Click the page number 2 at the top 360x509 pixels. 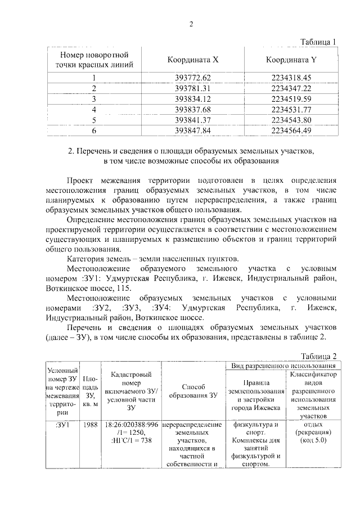point(191,24)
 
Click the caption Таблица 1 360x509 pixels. point(318,42)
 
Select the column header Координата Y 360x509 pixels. point(291,60)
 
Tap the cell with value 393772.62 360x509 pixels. point(193,78)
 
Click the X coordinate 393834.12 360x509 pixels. point(193,99)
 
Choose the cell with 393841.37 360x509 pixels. point(193,120)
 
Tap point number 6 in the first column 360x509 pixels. point(94,130)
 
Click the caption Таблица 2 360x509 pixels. point(318,357)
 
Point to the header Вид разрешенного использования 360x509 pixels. point(283,366)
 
